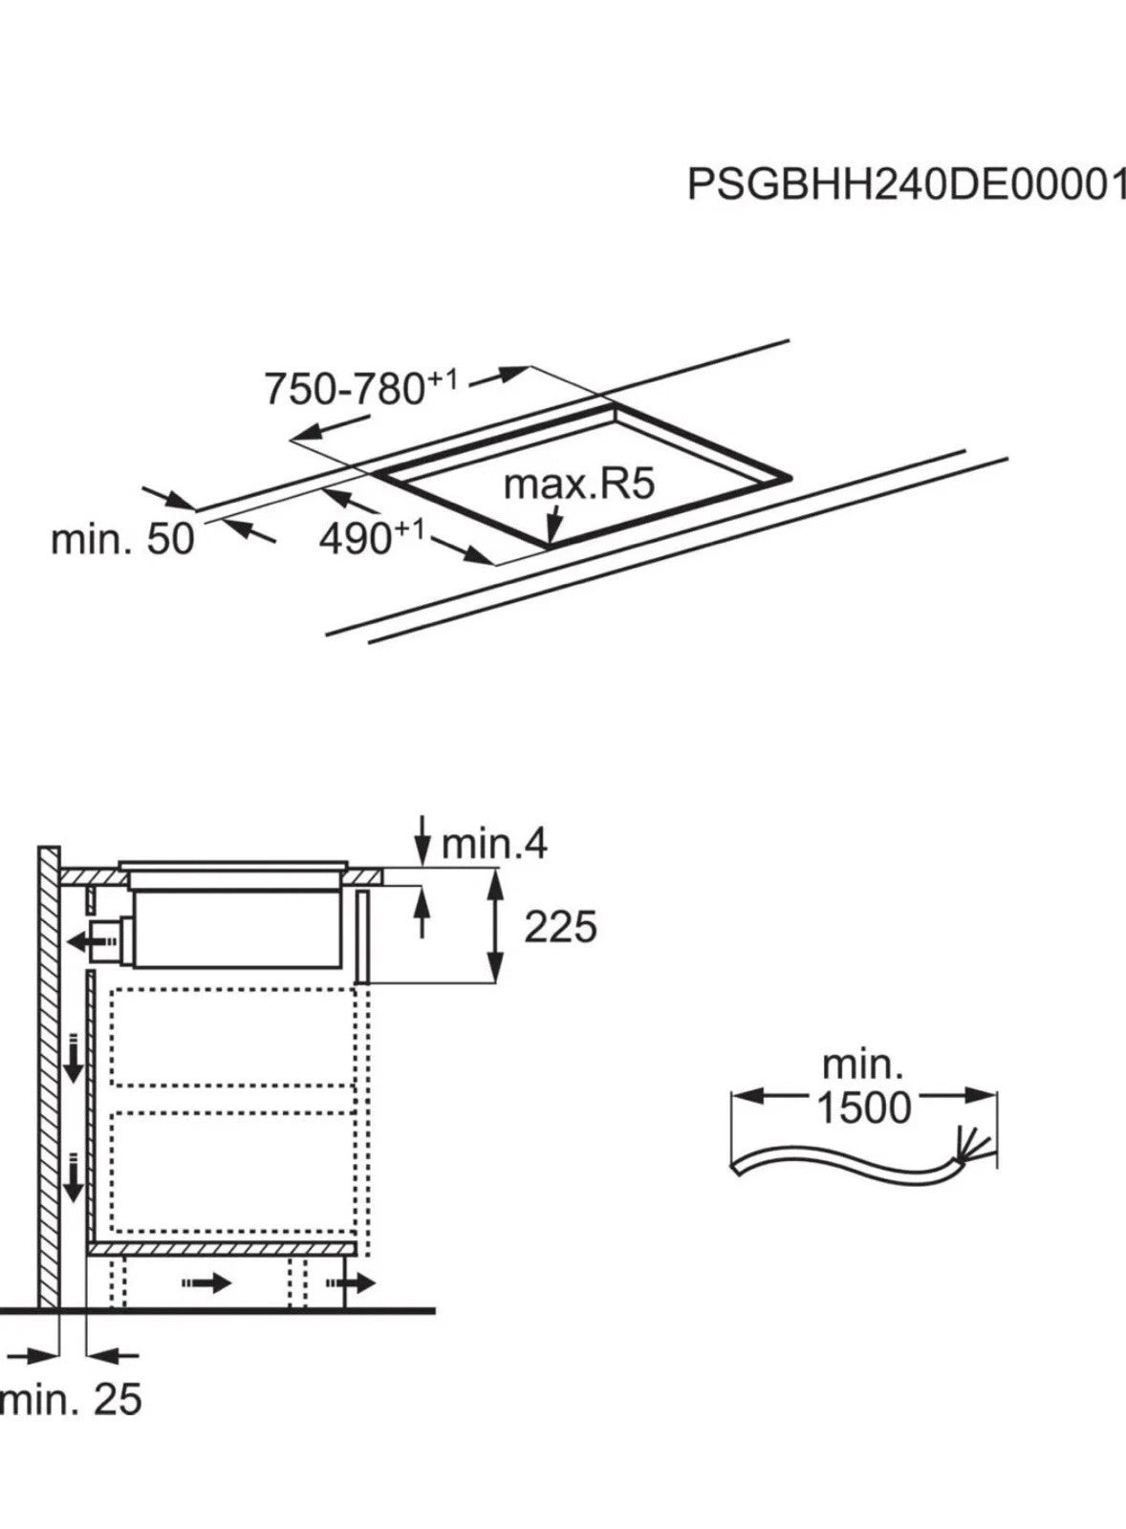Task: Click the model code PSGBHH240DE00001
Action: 904,184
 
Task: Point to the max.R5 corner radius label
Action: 578,485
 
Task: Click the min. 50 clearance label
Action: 121,539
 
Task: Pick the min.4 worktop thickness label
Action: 493,844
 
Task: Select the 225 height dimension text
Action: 560,927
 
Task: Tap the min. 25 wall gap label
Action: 72,1400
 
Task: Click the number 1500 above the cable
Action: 863,1108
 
